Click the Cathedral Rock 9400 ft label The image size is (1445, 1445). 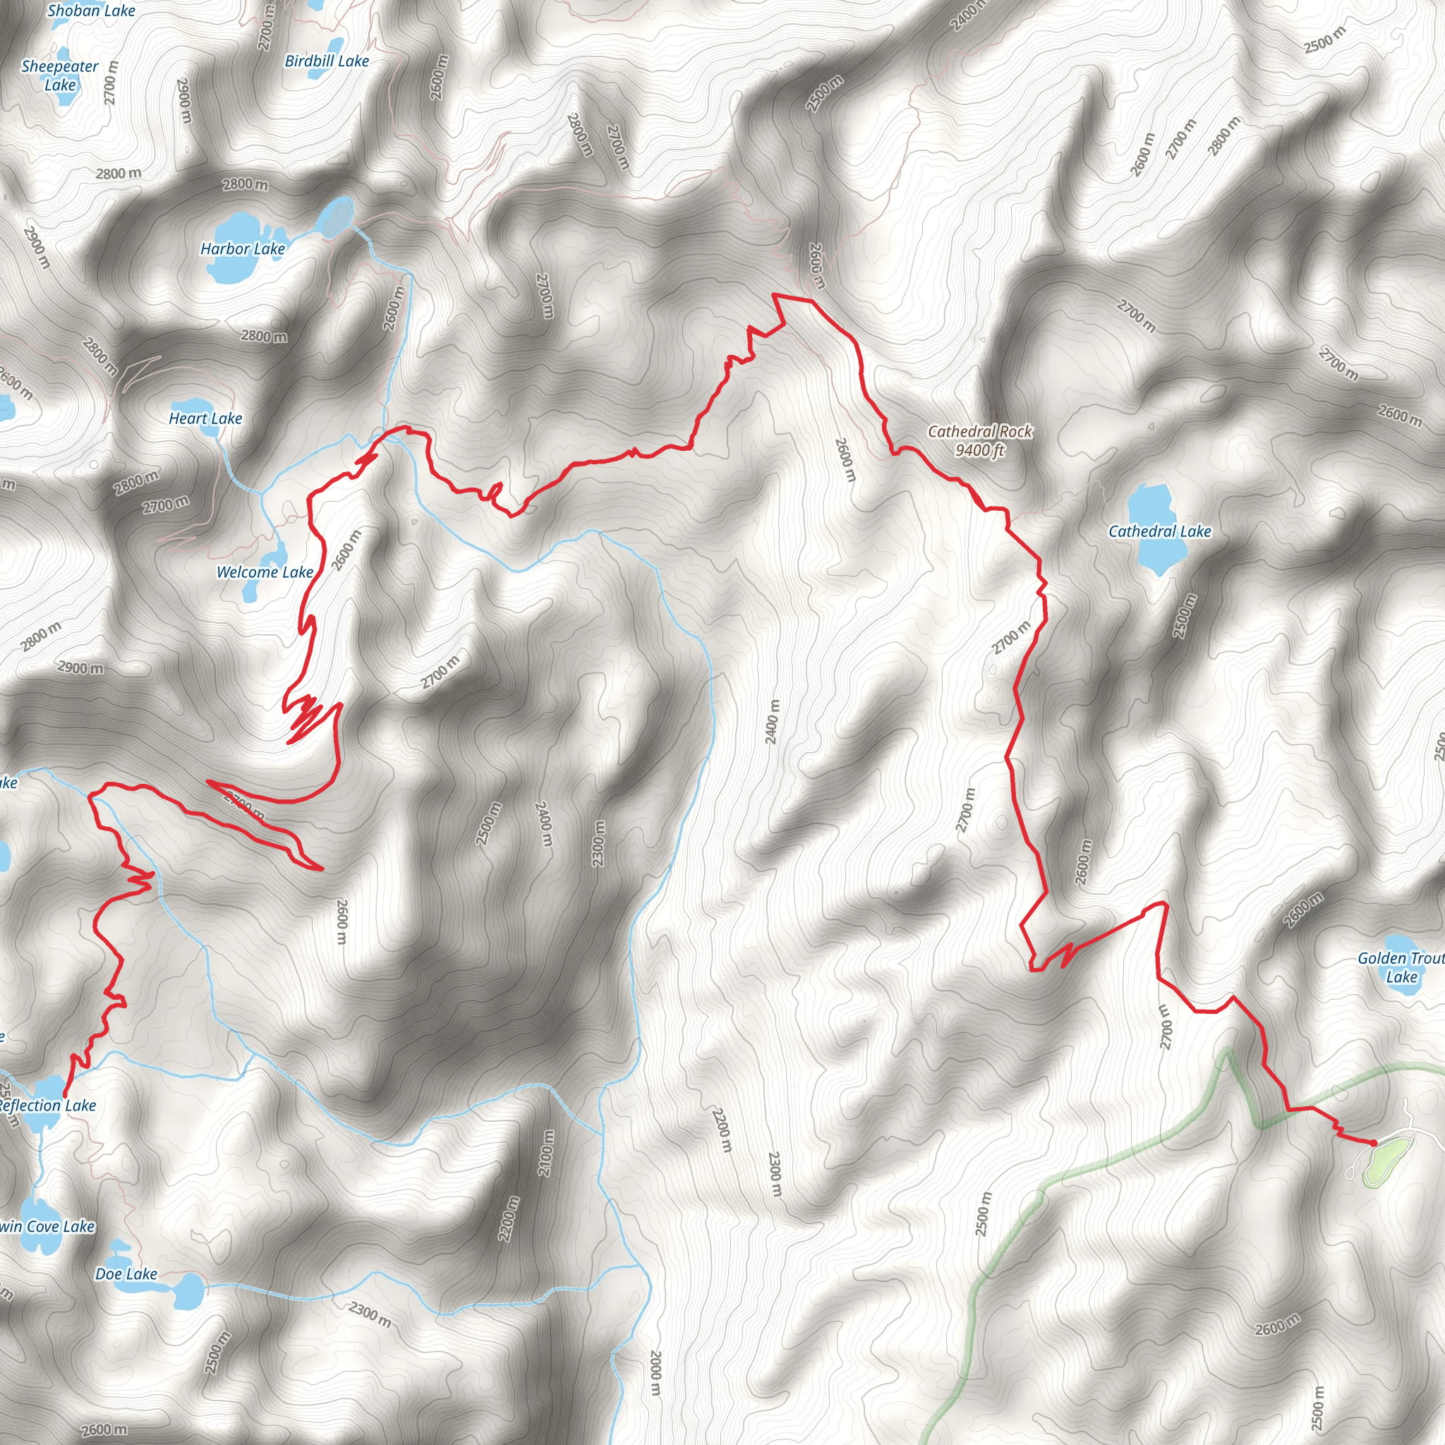(980, 440)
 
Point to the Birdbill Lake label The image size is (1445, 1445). (327, 61)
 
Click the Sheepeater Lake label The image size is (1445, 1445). (60, 75)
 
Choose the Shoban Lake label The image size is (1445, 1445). (91, 11)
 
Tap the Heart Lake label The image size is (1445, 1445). (206, 419)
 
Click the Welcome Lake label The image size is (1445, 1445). (265, 572)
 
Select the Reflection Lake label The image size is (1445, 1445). (48, 1106)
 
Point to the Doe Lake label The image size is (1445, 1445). (126, 1274)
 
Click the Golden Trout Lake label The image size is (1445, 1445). (1400, 967)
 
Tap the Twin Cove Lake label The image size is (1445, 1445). (47, 1226)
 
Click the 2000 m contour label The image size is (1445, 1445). (655, 1372)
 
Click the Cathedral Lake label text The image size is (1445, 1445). (1159, 532)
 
